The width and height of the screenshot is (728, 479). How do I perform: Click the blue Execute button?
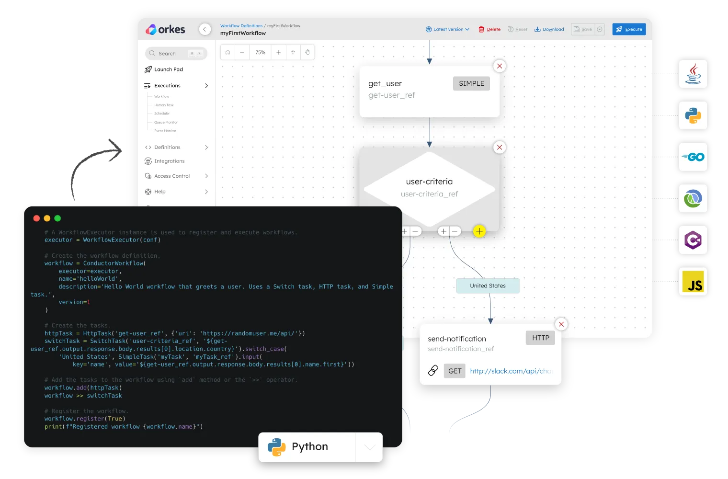coord(629,29)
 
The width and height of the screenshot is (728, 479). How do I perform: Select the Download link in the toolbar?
coord(549,29)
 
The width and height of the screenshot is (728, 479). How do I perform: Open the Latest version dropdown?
coord(448,29)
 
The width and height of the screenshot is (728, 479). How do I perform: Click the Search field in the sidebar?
coord(175,53)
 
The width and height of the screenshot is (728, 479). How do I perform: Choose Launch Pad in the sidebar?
coord(168,69)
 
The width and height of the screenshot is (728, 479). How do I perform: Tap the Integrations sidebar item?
coord(169,161)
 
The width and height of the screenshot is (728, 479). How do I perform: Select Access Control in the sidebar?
coord(172,176)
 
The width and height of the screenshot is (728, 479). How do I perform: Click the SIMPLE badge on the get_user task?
coord(471,83)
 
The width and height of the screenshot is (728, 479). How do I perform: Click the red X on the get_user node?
coord(500,66)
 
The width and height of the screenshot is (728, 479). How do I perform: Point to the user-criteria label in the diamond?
coord(429,182)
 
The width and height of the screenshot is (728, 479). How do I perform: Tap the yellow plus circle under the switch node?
coord(479,231)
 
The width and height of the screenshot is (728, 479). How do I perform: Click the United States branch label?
coord(488,286)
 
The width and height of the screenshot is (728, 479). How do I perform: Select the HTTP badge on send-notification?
coord(540,338)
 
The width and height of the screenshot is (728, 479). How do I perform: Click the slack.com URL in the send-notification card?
coord(510,371)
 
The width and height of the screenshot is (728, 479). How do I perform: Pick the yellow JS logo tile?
coord(693,282)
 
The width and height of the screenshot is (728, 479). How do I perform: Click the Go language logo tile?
coord(693,157)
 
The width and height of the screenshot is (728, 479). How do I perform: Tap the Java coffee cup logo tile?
coord(693,74)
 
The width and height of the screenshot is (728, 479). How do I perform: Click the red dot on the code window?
coord(36,218)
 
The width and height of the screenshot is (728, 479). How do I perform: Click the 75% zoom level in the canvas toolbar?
coord(260,52)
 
